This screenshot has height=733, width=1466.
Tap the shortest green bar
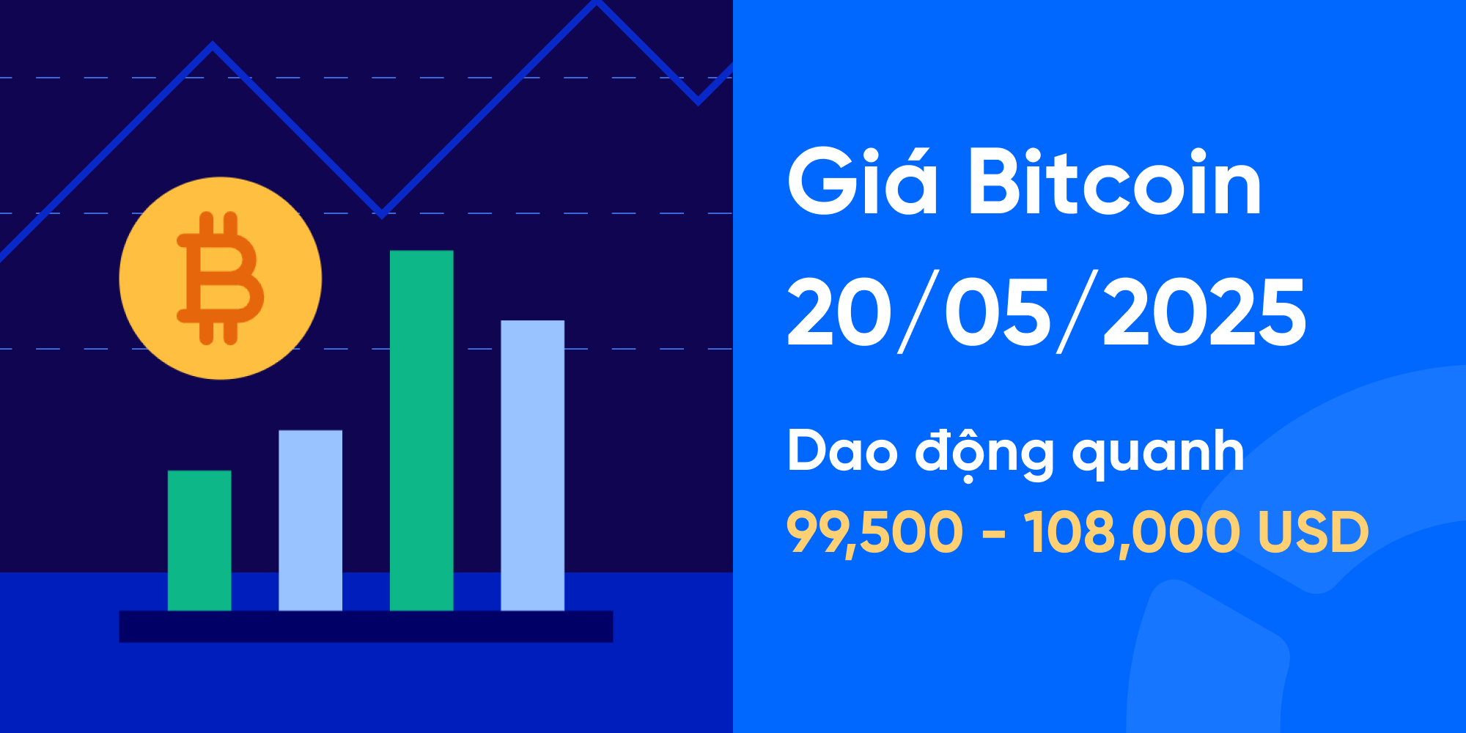pyautogui.click(x=199, y=540)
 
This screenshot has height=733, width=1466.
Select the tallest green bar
pyautogui.click(x=421, y=430)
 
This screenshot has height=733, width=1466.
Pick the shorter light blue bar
pyautogui.click(x=310, y=520)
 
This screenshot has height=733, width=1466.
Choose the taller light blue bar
pyautogui.click(x=532, y=465)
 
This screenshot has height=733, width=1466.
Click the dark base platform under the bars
pyautogui.click(x=366, y=627)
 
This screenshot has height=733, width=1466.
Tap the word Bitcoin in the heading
pyautogui.click(x=1114, y=183)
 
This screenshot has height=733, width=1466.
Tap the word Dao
pyautogui.click(x=841, y=450)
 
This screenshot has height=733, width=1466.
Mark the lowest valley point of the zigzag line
pyautogui.click(x=382, y=213)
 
